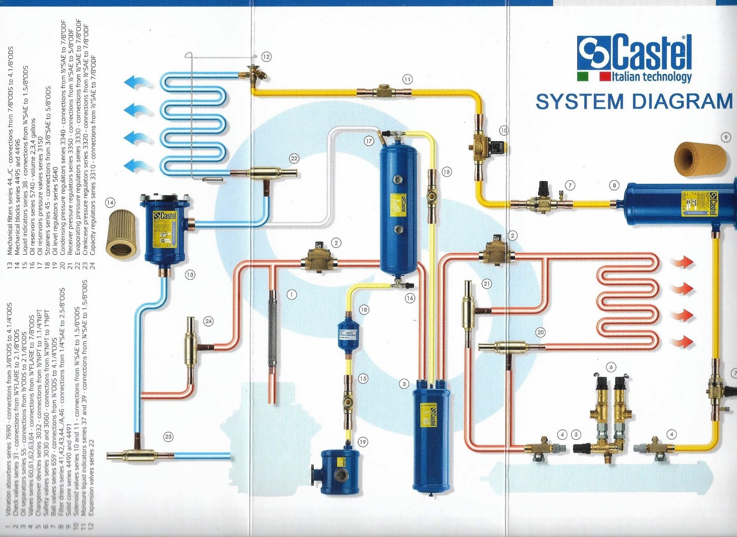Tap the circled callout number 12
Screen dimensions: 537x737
coord(266,57)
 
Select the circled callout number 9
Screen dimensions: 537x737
coord(726,137)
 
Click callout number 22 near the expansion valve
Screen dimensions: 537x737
coord(294,158)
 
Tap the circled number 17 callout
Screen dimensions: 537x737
coord(368,141)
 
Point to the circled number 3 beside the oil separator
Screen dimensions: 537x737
coord(404,384)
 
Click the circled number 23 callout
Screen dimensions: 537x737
coord(168,437)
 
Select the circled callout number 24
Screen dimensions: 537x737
coord(209,321)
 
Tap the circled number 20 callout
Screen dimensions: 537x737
coord(540,332)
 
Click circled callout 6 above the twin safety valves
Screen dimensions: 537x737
coord(611,367)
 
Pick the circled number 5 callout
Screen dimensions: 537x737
coord(576,434)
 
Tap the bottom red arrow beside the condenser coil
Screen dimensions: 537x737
coord(682,341)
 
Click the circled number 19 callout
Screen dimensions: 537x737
coord(363,442)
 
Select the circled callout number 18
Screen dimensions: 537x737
coord(364,310)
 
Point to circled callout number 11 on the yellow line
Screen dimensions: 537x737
coord(407,79)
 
